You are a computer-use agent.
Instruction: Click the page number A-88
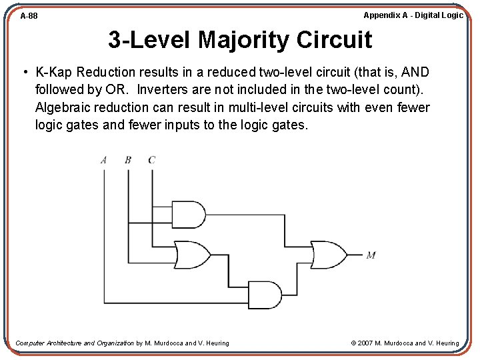click(x=29, y=15)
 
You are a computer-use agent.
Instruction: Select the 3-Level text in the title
click(x=149, y=40)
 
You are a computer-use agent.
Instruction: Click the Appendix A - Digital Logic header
click(x=413, y=15)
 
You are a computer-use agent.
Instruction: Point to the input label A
click(x=104, y=160)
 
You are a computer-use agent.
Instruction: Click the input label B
click(x=127, y=160)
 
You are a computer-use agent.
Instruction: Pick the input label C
click(x=151, y=160)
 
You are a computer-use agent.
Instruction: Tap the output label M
click(x=371, y=255)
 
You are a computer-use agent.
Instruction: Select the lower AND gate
click(x=265, y=295)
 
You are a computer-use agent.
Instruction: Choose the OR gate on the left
click(x=191, y=255)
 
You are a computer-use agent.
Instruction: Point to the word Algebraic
click(x=65, y=107)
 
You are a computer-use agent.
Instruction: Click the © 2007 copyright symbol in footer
click(x=354, y=343)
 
